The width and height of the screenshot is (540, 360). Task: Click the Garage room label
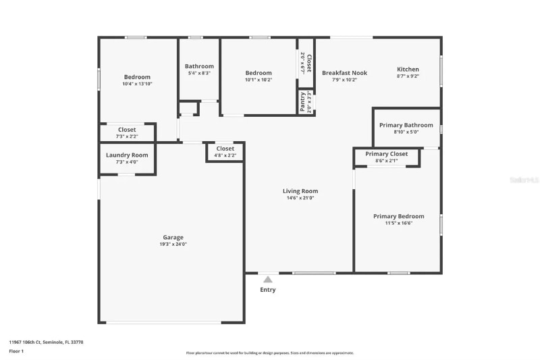click(173, 237)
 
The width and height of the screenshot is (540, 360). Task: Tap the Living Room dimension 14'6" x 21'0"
click(300, 198)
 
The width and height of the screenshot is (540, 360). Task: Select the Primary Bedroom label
click(399, 216)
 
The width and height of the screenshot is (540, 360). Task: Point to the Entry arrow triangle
click(268, 279)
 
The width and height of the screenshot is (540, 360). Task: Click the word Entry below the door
click(268, 290)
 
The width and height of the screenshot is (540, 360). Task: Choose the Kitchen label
click(408, 69)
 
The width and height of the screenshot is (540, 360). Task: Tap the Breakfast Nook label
click(344, 72)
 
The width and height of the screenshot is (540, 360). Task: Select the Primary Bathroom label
click(406, 125)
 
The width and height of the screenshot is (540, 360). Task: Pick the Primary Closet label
click(387, 154)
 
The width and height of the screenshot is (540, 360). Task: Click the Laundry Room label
click(127, 155)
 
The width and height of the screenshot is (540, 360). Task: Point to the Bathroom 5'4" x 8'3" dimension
click(199, 73)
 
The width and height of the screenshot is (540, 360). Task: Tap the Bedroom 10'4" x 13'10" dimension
click(137, 84)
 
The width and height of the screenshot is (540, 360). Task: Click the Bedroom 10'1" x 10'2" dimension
click(259, 80)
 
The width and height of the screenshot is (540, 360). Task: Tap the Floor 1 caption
click(16, 351)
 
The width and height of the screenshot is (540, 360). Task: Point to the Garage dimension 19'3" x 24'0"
click(173, 245)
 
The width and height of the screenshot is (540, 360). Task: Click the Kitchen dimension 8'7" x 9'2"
click(408, 76)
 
